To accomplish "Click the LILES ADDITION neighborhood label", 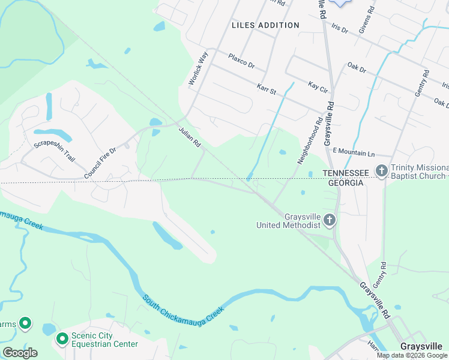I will [265, 25].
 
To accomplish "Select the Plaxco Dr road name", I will [242, 61].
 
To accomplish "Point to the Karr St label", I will [266, 89].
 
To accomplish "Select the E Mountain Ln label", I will [353, 153].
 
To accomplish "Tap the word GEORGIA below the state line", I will [345, 182].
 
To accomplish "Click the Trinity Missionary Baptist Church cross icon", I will [381, 172].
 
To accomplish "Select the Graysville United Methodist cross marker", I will [329, 220].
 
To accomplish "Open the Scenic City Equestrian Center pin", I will [62, 340].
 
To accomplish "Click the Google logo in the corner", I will [20, 353].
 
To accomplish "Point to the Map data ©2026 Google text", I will [411, 355].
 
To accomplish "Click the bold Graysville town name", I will [421, 347].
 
